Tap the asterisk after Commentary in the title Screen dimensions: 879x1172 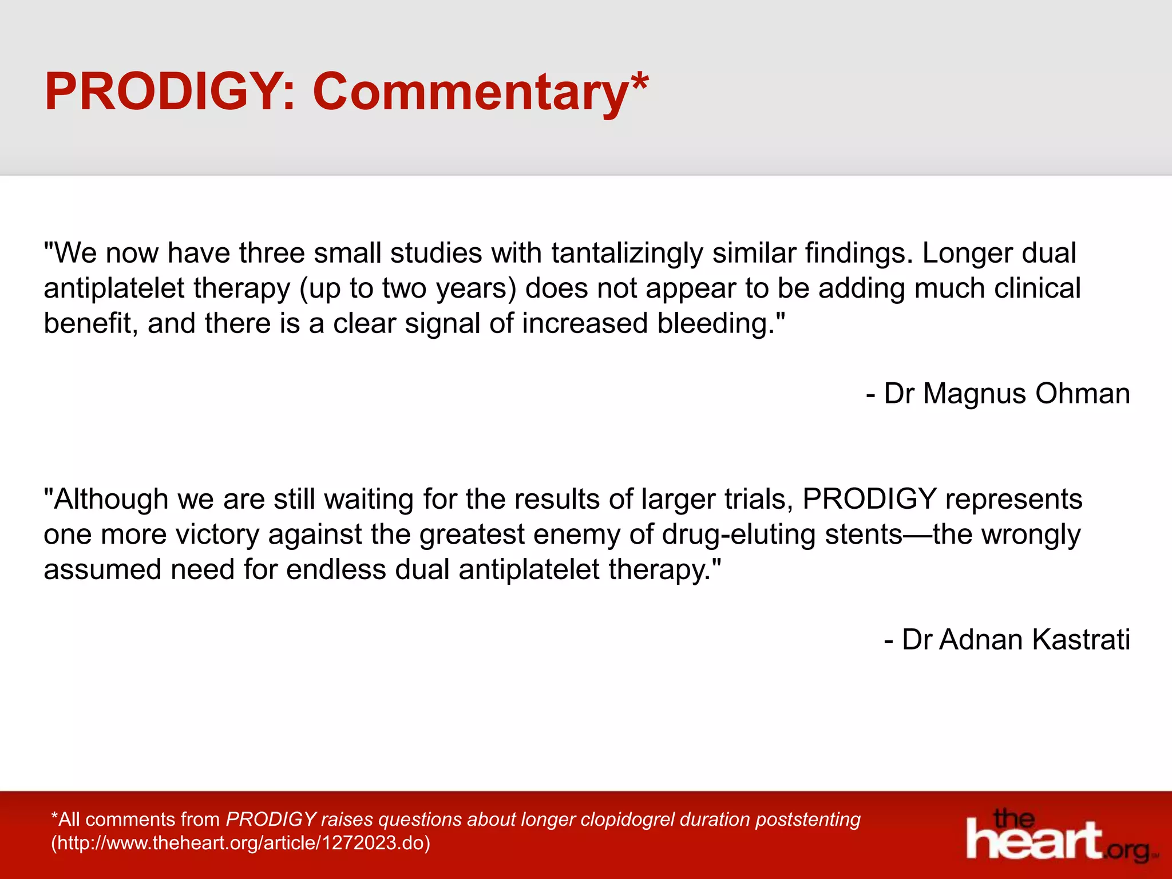[x=639, y=82]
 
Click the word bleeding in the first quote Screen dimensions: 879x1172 [x=715, y=323]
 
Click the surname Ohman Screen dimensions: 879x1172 [x=1082, y=394]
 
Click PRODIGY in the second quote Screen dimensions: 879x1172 [x=869, y=499]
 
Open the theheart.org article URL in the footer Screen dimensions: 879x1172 [x=240, y=843]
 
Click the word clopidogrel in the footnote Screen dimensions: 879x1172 [x=627, y=819]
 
